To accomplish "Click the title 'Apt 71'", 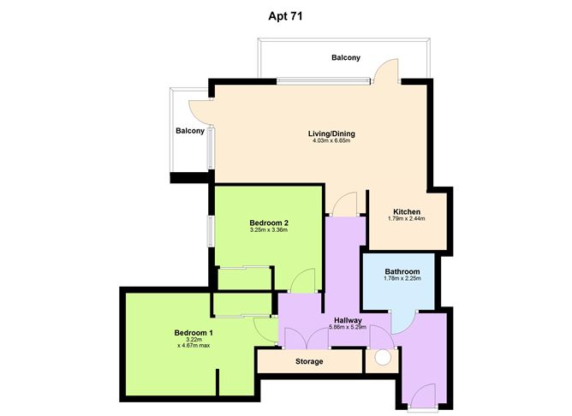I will [285, 15].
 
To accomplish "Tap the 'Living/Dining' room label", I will [331, 134].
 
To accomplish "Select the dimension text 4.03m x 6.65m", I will [331, 142].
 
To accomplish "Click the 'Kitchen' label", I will [406, 211].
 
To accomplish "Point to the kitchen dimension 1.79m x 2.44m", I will [406, 219].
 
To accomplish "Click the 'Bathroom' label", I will [402, 271].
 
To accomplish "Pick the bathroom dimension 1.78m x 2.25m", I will [402, 279].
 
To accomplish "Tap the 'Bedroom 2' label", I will [268, 223].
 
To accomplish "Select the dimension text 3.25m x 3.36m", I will [268, 230].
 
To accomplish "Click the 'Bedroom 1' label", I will [194, 332].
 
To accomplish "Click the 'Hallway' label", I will [347, 318].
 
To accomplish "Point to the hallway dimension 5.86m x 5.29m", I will [347, 326].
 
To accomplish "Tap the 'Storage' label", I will [309, 362].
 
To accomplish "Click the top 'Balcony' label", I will [346, 58].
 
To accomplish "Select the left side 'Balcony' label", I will [190, 131].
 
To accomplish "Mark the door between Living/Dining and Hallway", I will [344, 205].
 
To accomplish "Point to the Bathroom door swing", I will [403, 322].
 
